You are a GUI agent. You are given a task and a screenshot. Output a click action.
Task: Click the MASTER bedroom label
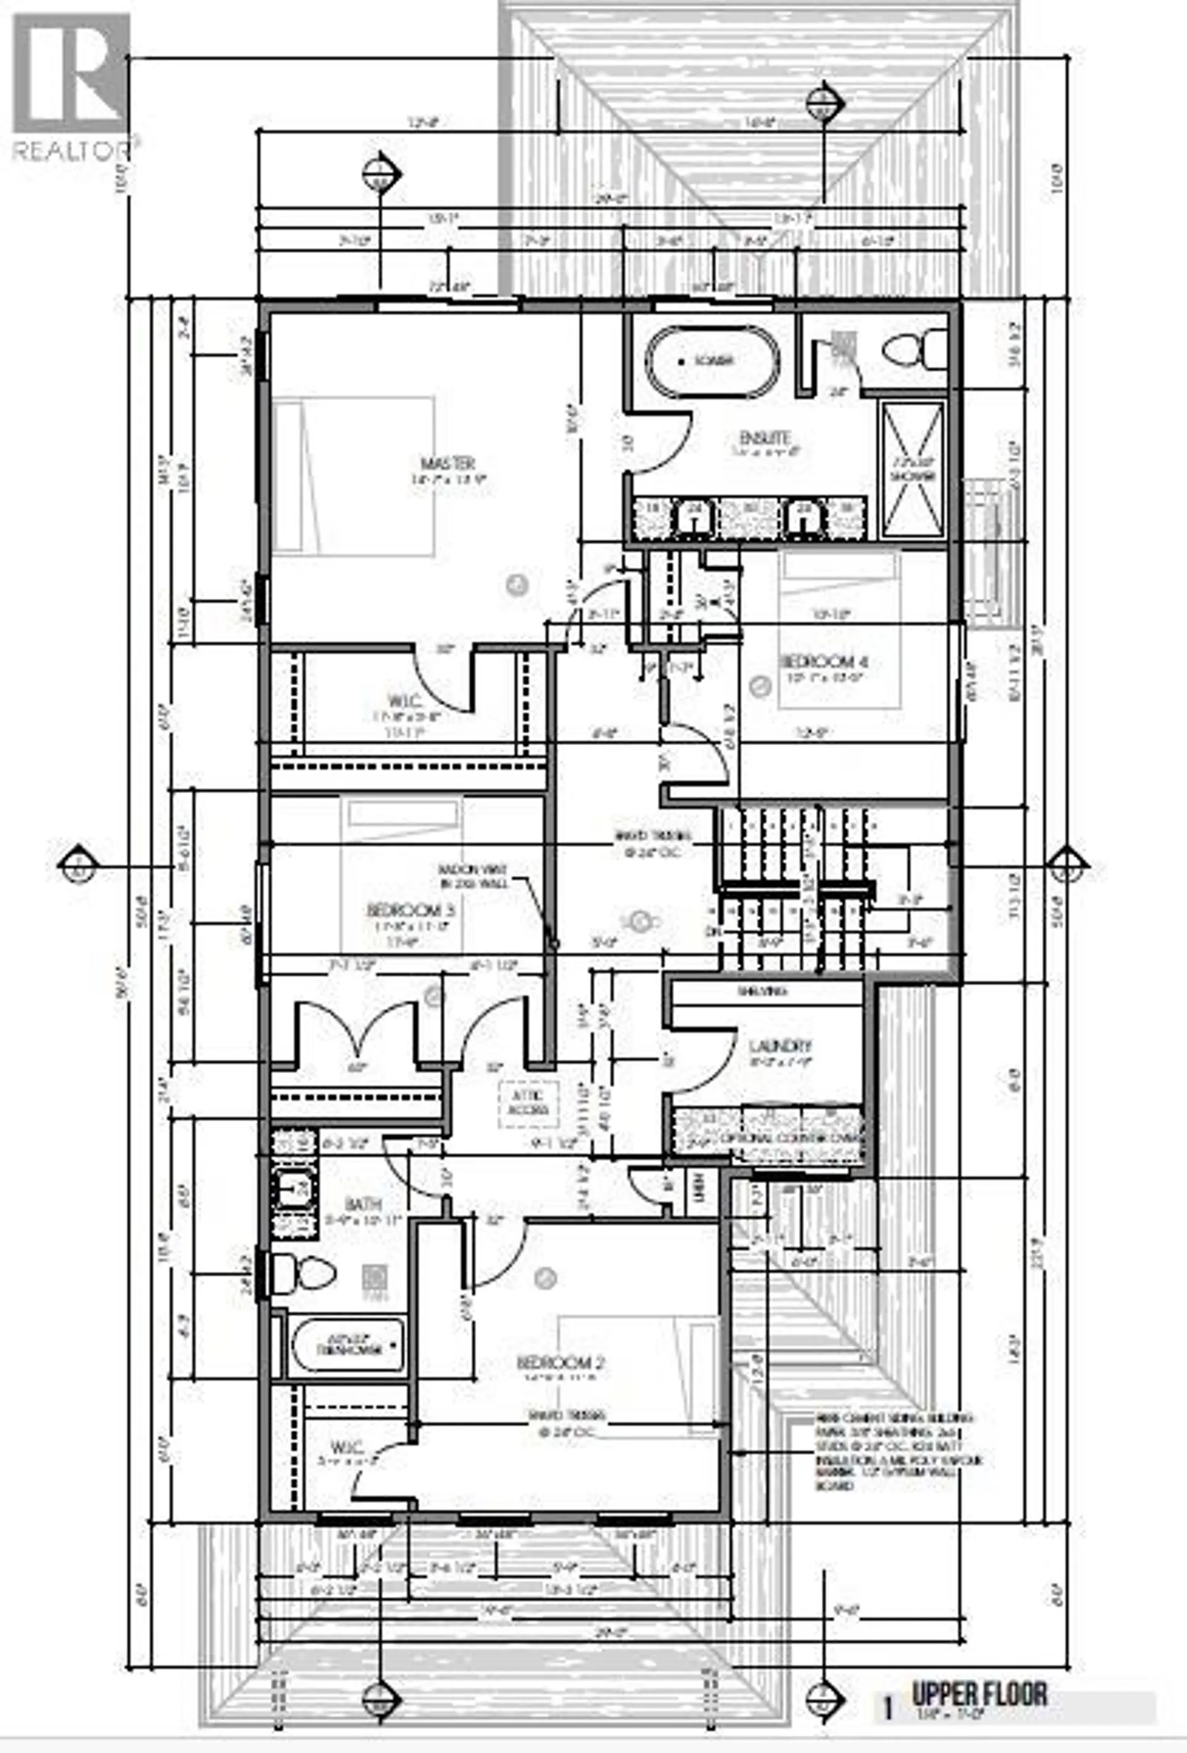[x=453, y=463]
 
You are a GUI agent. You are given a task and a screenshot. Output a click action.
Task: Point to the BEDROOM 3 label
[x=414, y=911]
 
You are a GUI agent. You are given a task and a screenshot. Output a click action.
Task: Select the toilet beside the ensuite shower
[x=914, y=351]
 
